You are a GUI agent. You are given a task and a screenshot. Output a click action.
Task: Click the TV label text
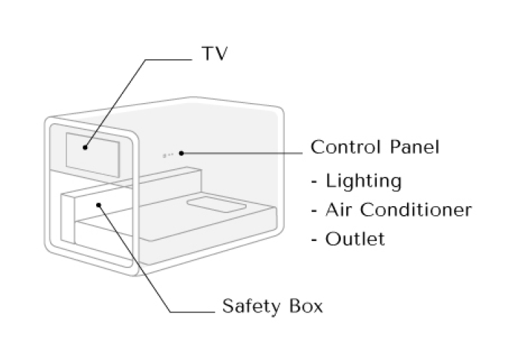214,54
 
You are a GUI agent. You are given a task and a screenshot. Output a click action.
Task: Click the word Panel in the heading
417,148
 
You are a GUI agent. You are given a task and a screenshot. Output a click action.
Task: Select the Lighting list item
364,182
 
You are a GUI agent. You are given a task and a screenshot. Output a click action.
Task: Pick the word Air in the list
337,210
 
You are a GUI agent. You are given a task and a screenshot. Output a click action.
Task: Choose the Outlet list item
355,239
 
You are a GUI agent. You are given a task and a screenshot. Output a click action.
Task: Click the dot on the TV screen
85,147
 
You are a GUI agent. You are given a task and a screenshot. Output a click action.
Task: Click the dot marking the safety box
100,205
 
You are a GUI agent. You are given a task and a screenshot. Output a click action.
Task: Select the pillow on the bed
217,206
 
